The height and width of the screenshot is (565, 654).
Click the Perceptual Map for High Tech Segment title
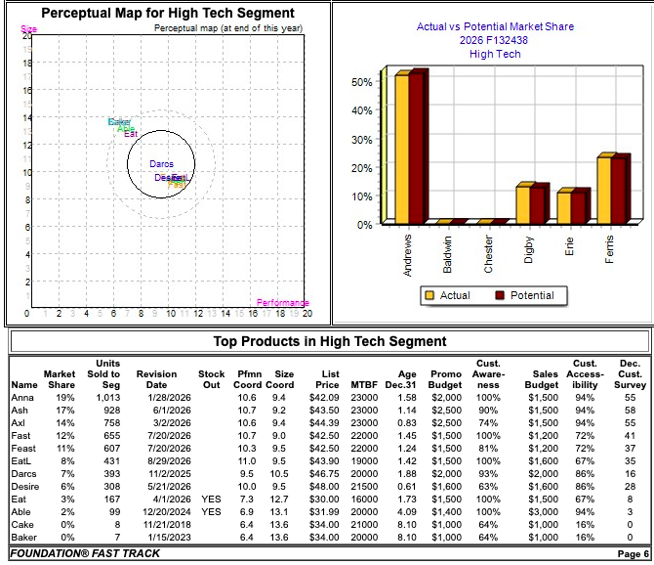coord(167,13)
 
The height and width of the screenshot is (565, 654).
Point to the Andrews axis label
coord(408,254)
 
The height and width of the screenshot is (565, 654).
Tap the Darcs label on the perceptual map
coord(161,164)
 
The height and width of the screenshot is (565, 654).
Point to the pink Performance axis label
coord(282,303)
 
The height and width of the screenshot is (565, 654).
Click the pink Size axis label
coord(28,29)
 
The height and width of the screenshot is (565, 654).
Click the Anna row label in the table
coord(23,398)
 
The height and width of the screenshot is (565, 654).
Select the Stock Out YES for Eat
coord(211,499)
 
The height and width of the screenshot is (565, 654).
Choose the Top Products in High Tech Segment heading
coord(330,341)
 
